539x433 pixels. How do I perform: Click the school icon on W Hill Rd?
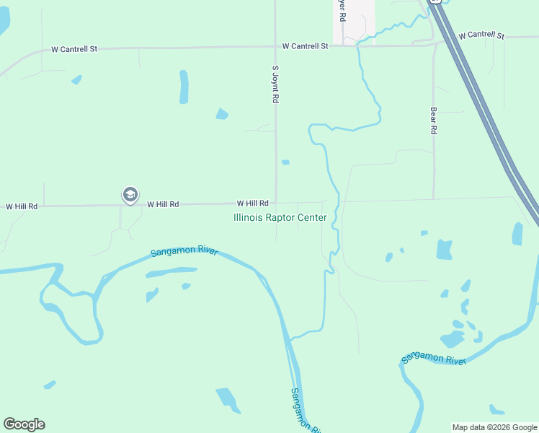(x=130, y=194)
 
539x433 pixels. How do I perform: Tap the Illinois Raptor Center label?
(x=280, y=217)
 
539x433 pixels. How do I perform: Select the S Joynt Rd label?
(x=275, y=84)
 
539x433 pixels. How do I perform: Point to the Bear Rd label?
(x=434, y=121)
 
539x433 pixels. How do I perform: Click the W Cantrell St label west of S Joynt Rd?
(x=74, y=50)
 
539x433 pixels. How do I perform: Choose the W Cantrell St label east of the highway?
(x=481, y=35)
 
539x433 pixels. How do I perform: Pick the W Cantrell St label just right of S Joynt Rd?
(x=305, y=45)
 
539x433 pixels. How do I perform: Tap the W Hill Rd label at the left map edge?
(x=22, y=206)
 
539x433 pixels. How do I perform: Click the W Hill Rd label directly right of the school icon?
(x=163, y=204)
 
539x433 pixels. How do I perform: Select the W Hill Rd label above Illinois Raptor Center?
(x=252, y=204)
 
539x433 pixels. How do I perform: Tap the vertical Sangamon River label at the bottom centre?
(x=306, y=410)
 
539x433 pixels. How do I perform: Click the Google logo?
(x=24, y=424)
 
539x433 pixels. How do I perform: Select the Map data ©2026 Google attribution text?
(x=494, y=427)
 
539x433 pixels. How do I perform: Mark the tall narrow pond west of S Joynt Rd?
(x=184, y=87)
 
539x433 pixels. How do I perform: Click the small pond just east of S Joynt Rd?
(x=285, y=162)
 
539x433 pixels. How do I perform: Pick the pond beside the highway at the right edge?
(x=517, y=234)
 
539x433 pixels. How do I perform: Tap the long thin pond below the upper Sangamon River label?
(x=171, y=272)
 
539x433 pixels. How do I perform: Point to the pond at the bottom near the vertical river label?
(x=226, y=398)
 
